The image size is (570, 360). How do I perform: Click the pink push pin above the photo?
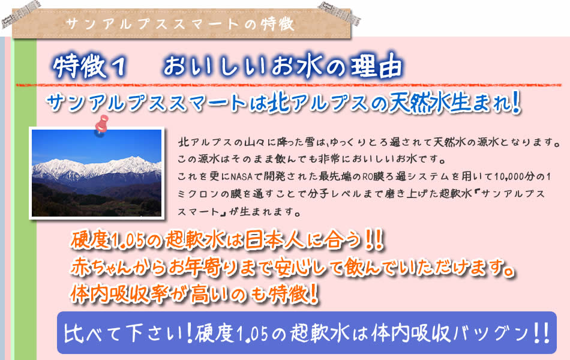(x=101, y=125)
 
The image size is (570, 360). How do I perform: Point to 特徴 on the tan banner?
(x=277, y=25)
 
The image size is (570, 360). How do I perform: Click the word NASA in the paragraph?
(x=241, y=176)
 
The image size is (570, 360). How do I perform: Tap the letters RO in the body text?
(x=367, y=176)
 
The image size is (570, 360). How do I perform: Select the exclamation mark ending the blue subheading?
(x=515, y=103)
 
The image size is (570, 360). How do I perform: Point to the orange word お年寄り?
(x=201, y=267)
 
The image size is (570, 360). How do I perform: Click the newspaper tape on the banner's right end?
(x=340, y=13)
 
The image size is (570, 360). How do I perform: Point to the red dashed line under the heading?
(x=289, y=85)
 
